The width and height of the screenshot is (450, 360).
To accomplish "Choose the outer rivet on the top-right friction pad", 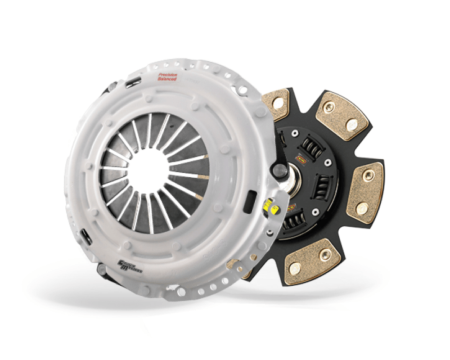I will click(x=352, y=126).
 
